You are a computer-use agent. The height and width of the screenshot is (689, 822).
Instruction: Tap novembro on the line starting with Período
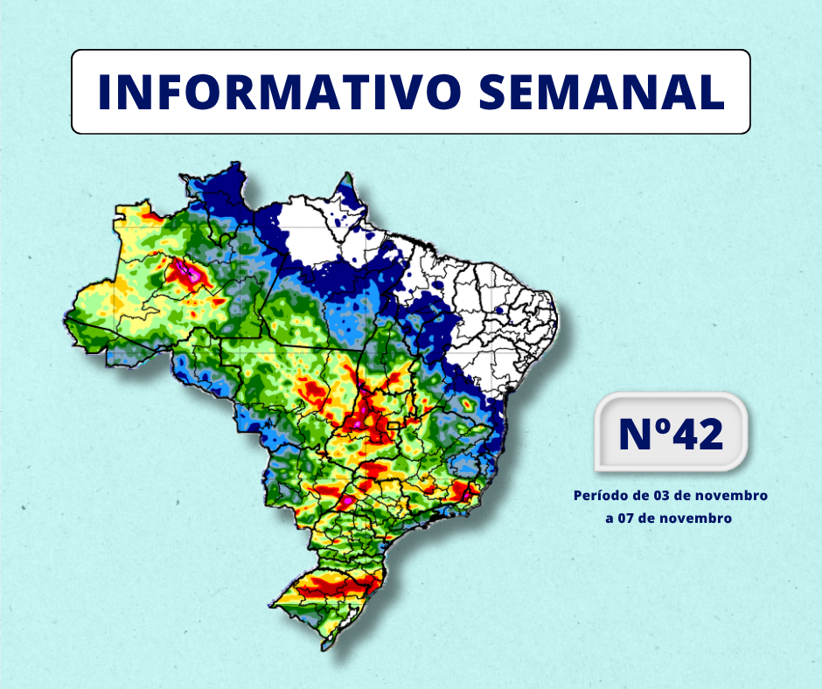734,496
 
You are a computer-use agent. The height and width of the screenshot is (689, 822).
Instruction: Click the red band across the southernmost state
336,584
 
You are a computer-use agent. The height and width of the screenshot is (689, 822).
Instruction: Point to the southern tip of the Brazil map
325,647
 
